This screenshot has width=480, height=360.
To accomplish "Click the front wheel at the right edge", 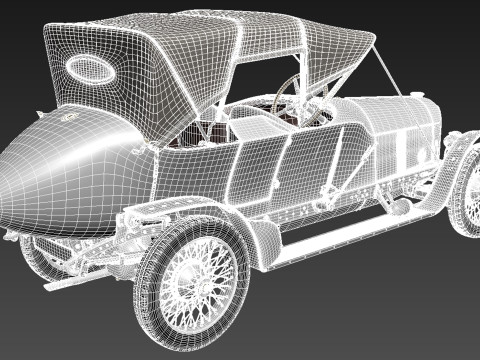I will point(466,195).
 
